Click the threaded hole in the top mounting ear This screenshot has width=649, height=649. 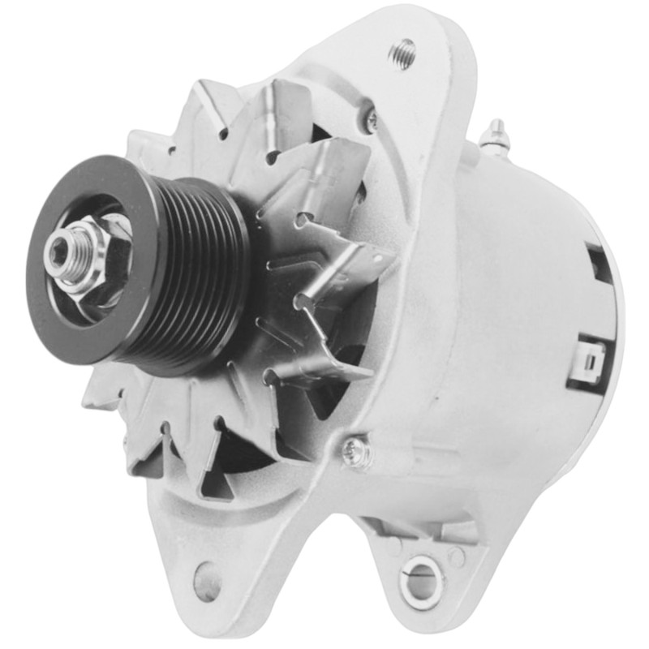point(402,53)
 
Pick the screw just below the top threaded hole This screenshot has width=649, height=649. point(372,120)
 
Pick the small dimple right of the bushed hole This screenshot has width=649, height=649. point(459,557)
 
